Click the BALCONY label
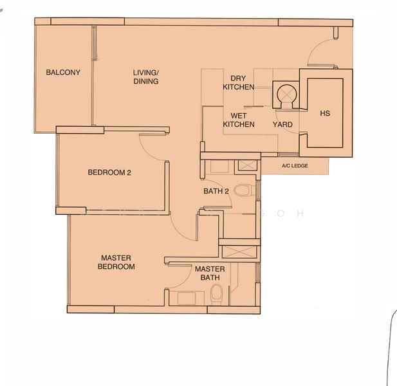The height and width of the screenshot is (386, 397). click(x=63, y=73)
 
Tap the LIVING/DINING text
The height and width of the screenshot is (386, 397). click(x=146, y=77)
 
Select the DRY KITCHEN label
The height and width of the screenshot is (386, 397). click(x=238, y=82)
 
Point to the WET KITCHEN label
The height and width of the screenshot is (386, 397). click(x=238, y=120)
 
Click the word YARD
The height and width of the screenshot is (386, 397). click(x=282, y=125)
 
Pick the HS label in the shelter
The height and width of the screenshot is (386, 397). click(x=325, y=114)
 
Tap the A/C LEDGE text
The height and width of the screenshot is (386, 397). click(x=295, y=166)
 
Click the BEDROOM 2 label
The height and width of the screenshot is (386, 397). click(x=109, y=172)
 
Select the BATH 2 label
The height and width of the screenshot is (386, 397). click(x=216, y=192)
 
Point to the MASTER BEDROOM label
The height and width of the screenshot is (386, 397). click(x=116, y=262)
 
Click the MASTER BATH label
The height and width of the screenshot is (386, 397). click(x=210, y=273)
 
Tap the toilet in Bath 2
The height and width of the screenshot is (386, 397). click(x=243, y=190)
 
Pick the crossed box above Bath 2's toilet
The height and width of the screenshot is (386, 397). click(x=246, y=165)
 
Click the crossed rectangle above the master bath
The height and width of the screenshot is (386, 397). click(x=239, y=249)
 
